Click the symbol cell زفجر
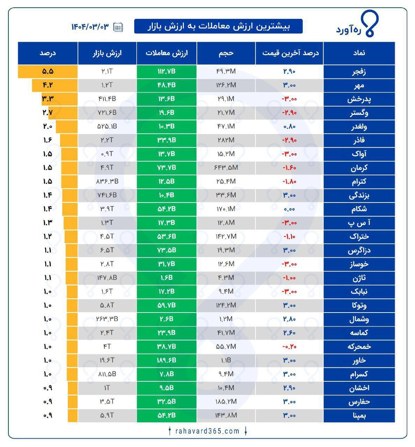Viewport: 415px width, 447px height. tap(359, 72)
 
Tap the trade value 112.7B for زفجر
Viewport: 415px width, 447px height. tap(166, 72)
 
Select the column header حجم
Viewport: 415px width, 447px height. tap(226, 53)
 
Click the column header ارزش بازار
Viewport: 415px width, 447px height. tap(107, 53)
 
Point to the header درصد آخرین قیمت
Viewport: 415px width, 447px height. tap(290, 53)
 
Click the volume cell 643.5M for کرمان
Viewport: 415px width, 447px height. tap(226, 168)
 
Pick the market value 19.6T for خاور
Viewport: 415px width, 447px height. tap(107, 360)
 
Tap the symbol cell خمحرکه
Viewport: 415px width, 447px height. tap(359, 347)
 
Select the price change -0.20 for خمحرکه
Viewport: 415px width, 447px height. tap(289, 347)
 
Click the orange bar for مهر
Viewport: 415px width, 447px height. tap(55, 85)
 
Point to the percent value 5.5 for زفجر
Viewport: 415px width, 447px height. tap(48, 72)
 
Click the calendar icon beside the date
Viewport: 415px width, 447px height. tap(118, 27)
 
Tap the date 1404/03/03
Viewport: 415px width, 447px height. tap(90, 27)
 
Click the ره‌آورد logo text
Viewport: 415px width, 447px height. tap(349, 30)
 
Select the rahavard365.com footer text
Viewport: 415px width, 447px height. tap(207, 431)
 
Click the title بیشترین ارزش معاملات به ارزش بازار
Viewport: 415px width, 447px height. tap(219, 26)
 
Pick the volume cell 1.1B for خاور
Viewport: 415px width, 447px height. tap(226, 360)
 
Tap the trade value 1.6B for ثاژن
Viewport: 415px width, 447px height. tap(166, 278)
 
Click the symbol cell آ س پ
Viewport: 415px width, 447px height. tap(359, 223)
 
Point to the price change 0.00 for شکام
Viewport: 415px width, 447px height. tap(289, 209)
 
